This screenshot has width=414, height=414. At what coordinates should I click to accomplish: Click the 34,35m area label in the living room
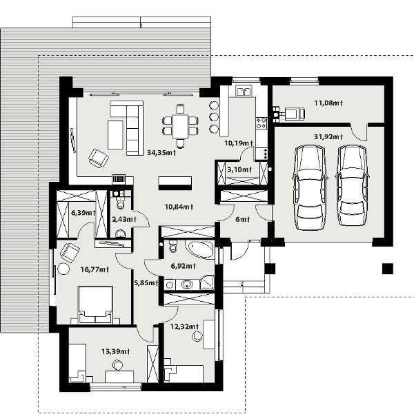click(x=161, y=153)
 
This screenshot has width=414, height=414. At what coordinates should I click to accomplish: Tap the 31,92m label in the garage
click(x=328, y=136)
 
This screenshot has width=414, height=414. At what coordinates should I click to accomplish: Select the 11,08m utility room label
click(x=328, y=103)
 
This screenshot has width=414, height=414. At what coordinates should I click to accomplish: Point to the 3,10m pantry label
click(x=239, y=169)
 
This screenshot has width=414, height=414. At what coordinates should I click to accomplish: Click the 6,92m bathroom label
click(x=184, y=266)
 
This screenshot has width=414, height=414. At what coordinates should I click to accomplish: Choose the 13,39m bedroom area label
click(x=116, y=351)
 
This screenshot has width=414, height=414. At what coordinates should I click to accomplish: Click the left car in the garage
click(x=309, y=187)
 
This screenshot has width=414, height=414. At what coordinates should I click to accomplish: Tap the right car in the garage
click(x=352, y=185)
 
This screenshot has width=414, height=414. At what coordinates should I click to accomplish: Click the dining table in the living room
click(x=180, y=126)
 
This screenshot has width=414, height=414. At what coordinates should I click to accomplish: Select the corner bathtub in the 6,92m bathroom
click(x=200, y=249)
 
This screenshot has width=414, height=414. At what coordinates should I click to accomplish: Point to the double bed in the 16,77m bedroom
click(x=95, y=304)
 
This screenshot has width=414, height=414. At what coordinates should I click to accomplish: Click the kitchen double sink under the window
click(x=244, y=92)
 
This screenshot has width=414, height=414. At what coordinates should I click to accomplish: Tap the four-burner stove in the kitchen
click(x=262, y=123)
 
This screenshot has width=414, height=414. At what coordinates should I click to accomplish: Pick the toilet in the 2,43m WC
click(x=121, y=203)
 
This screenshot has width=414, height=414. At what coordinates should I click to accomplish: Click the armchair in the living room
click(x=99, y=158)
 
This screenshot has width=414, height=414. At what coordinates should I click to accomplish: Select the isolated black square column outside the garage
click(x=388, y=269)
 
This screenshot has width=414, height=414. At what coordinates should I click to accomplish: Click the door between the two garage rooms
click(x=359, y=132)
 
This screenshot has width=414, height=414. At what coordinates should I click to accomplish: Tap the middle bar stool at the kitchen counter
click(x=214, y=117)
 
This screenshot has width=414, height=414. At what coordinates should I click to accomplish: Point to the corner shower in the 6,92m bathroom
click(x=207, y=282)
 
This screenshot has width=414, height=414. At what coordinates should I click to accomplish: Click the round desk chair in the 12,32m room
click(x=197, y=336)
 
